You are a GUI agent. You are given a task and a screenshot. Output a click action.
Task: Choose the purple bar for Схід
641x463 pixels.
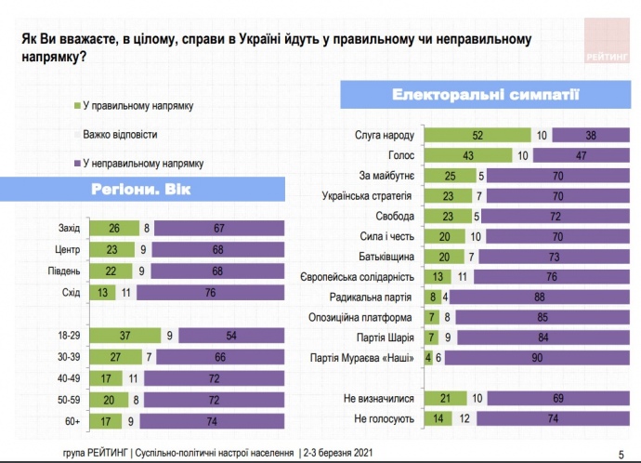(212, 291)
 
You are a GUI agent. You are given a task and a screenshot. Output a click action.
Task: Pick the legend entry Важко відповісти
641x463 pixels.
(126, 134)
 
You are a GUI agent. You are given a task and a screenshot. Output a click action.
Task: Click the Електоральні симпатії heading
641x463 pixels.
(486, 95)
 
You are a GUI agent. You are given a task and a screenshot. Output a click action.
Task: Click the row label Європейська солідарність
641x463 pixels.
(362, 276)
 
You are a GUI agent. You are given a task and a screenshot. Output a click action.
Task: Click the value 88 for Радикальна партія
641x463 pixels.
(539, 297)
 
